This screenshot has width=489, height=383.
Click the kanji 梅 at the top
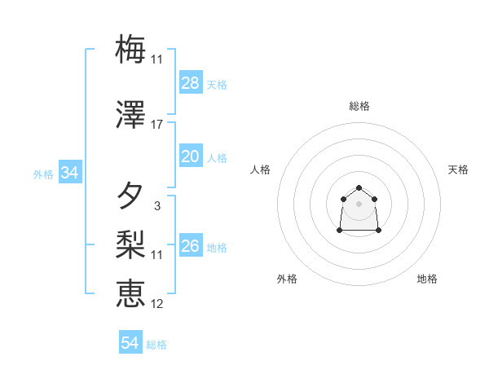tap(130, 50)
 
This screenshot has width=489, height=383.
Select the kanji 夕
tap(130, 196)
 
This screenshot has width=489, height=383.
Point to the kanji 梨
tap(130, 244)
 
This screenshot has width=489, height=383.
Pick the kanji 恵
tap(130, 293)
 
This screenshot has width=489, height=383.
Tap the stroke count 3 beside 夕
tap(156, 206)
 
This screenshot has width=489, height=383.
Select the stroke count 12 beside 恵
tap(156, 304)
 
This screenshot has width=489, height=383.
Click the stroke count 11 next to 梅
tap(156, 59)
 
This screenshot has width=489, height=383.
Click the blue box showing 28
tap(191, 83)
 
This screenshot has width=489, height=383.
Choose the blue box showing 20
tap(191, 157)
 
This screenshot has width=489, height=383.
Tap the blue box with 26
tap(191, 246)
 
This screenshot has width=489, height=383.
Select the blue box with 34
tap(70, 173)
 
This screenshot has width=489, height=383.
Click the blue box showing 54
tap(130, 343)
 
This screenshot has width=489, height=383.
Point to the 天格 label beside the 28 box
tap(217, 84)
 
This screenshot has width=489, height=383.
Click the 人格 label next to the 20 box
tap(217, 158)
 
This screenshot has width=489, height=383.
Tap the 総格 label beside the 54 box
tap(156, 345)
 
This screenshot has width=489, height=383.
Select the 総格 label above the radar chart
tap(359, 106)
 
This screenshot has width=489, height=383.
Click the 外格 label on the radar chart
tap(287, 279)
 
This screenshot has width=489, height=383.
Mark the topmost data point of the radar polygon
tap(359, 188)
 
